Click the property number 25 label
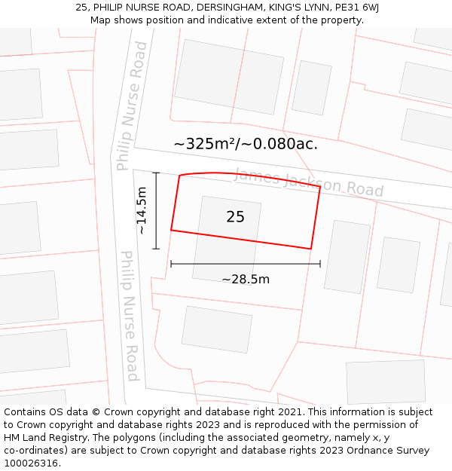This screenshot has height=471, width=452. pyautogui.click(x=235, y=217)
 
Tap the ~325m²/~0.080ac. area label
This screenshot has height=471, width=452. pyautogui.click(x=246, y=144)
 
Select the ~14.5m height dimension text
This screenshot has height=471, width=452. pyautogui.click(x=142, y=211)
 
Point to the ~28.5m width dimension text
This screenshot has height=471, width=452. pyautogui.click(x=246, y=280)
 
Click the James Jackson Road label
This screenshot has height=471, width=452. pyautogui.click(x=308, y=182)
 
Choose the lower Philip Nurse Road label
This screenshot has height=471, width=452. pyautogui.click(x=130, y=316)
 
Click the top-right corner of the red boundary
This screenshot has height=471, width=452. pyautogui.click(x=320, y=186)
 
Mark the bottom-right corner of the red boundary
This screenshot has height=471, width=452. pyautogui.click(x=311, y=249)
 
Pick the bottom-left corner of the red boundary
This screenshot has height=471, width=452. pyautogui.click(x=171, y=230)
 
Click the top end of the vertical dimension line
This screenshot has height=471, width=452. pyautogui.click(x=156, y=173)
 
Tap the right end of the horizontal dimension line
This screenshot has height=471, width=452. pyautogui.click(x=320, y=264)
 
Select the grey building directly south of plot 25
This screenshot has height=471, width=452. pyautogui.click(x=217, y=329)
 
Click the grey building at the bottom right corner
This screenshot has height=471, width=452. pyautogui.click(x=385, y=382)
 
